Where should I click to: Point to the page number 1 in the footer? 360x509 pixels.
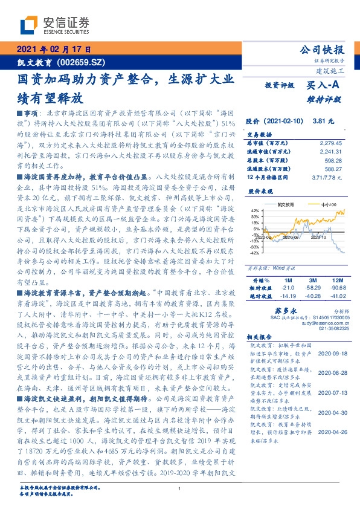[180, 488]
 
